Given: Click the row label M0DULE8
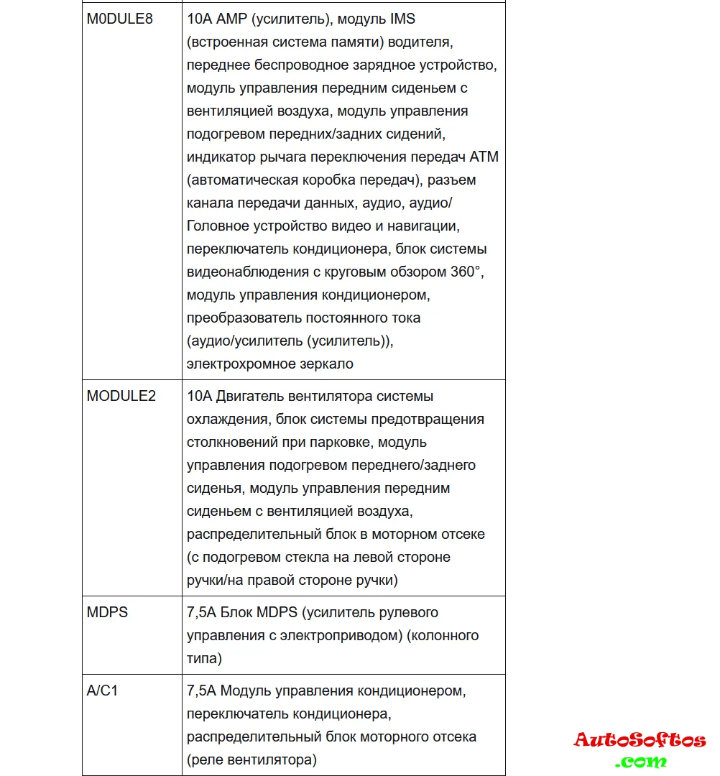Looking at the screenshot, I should pyautogui.click(x=120, y=19).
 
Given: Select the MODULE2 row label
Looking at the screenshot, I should pyautogui.click(x=121, y=396).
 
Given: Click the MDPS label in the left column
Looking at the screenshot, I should pyautogui.click(x=107, y=613).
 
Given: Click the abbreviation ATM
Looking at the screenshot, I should pyautogui.click(x=484, y=157).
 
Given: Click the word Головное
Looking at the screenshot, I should pyautogui.click(x=219, y=226).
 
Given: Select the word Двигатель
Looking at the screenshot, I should pyautogui.click(x=249, y=396).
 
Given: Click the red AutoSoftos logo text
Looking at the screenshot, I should pyautogui.click(x=640, y=739).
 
